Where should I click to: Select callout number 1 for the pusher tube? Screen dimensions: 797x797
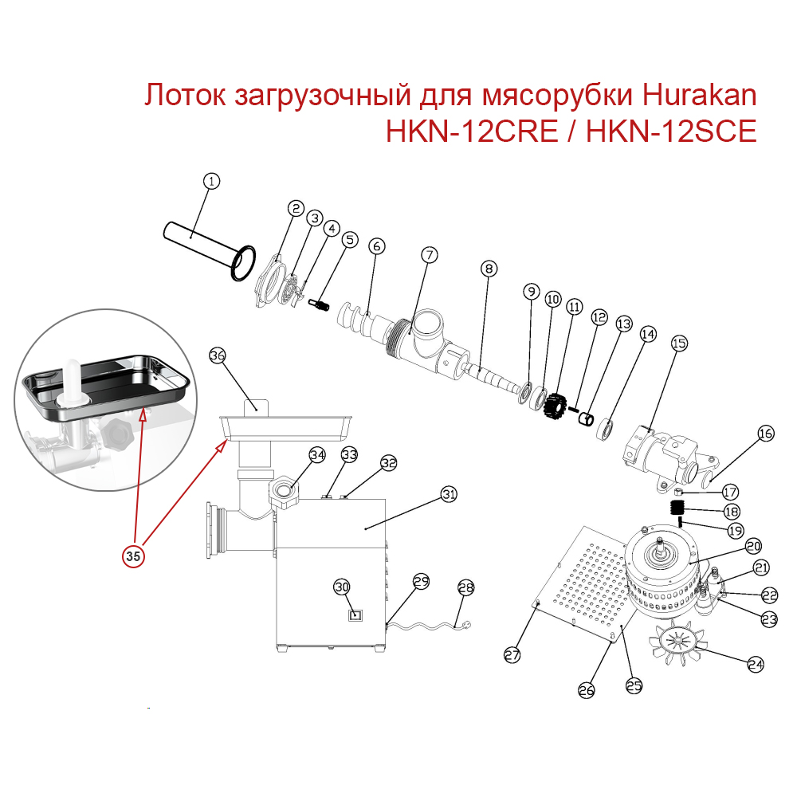210,183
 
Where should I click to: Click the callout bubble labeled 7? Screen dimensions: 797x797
430,256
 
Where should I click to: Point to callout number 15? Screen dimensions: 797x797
678,344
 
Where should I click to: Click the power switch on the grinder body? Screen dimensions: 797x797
355,614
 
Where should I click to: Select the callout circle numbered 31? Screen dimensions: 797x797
450,495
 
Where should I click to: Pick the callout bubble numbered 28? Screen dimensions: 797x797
465,587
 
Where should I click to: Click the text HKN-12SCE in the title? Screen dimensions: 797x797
671,131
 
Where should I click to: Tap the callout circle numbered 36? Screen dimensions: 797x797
218,356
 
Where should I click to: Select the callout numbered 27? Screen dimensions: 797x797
511,655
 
